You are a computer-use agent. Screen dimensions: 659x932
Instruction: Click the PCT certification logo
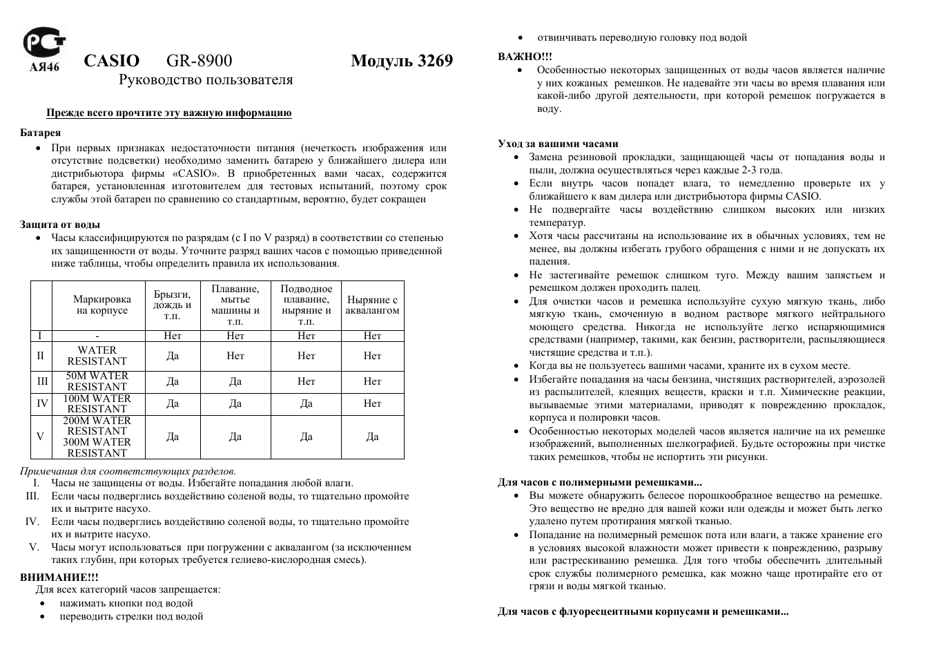pos(43,43)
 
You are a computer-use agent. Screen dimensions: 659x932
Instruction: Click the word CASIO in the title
pos(111,61)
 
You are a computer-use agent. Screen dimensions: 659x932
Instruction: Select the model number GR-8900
pos(199,61)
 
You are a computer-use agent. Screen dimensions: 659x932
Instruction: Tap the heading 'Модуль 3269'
pos(401,61)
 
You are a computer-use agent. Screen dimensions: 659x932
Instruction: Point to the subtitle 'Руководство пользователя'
pos(206,80)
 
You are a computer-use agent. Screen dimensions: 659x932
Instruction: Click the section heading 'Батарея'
pos(40,133)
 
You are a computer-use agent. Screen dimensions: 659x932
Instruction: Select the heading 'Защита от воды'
pos(60,225)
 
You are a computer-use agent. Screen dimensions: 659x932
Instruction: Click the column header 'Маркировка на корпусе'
pos(101,305)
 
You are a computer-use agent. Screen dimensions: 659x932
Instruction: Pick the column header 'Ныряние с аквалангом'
pos(372,305)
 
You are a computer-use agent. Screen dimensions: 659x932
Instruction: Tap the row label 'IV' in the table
pos(42,404)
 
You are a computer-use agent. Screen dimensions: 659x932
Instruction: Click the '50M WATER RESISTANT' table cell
pos(97,381)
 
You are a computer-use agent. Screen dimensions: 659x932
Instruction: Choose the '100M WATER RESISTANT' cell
pos(97,404)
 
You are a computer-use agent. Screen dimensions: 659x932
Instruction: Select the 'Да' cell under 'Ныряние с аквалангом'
pos(372,437)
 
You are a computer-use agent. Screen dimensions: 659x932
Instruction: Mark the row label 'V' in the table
pos(41,437)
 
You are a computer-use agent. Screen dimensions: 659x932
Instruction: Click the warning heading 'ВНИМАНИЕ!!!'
pos(59,577)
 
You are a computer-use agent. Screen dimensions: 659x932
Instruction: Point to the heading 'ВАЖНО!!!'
pos(525,57)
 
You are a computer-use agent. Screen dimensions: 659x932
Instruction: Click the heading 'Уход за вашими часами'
pos(558,144)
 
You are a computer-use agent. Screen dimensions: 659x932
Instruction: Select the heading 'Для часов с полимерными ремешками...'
pos(599,482)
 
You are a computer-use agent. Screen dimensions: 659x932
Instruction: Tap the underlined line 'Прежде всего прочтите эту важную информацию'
pos(169,113)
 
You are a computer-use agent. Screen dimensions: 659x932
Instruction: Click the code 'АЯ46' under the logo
pos(44,67)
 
